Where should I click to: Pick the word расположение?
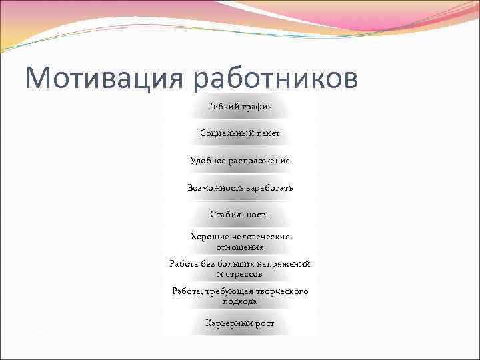[259, 161]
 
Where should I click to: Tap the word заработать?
[269, 188]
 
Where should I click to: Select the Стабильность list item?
[240, 215]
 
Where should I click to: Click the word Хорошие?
[210, 237]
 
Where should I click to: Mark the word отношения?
[240, 247]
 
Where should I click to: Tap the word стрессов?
[244, 274]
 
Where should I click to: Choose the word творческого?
[279, 291]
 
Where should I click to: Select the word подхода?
[240, 301]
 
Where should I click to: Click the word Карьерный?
[228, 323]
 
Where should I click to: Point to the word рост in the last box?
[264, 323]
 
